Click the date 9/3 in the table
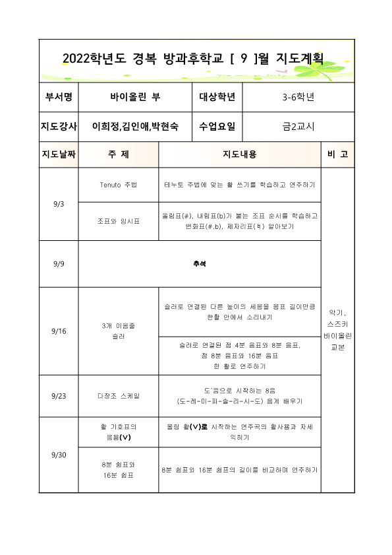pyautogui.click(x=58, y=205)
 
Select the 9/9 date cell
pyautogui.click(x=58, y=264)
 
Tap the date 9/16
pyautogui.click(x=58, y=331)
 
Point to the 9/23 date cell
pyautogui.click(x=58, y=397)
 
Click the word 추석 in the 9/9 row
pyautogui.click(x=200, y=264)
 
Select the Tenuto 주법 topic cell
pyautogui.click(x=118, y=185)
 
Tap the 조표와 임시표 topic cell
pyautogui.click(x=118, y=221)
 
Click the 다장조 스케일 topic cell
pyautogui.click(x=118, y=397)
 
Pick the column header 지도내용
pyautogui.click(x=240, y=154)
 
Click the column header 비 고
pyautogui.click(x=337, y=154)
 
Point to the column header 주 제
pyautogui.click(x=118, y=154)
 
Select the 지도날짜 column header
pyautogui.click(x=59, y=154)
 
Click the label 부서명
pyautogui.click(x=59, y=97)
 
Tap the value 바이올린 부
pyautogui.click(x=135, y=97)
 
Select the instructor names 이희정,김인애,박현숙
pyautogui.click(x=135, y=125)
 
